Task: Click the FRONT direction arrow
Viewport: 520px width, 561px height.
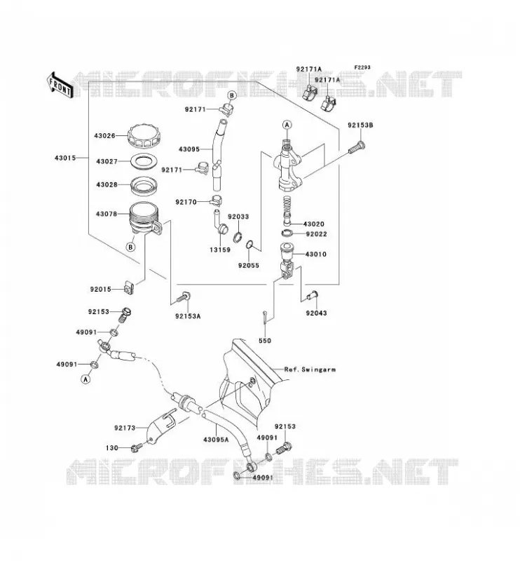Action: (60, 85)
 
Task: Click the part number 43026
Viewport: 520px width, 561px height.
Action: (105, 136)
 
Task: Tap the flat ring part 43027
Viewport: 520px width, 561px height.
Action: (144, 161)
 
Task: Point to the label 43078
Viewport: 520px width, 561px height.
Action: (107, 214)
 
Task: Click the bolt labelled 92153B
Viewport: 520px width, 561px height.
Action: (357, 147)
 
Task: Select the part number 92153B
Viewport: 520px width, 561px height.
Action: (360, 126)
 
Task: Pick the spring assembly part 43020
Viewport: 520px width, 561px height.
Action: (288, 210)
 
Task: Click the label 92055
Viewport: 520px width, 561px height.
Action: (249, 266)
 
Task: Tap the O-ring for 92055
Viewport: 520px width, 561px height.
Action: (250, 245)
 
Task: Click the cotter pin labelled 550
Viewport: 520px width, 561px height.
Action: (264, 318)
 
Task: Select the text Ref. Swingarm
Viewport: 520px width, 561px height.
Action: (310, 370)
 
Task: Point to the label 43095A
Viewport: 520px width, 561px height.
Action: (216, 440)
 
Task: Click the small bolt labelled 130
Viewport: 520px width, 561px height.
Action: (137, 447)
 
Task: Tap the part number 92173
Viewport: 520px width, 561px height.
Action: (125, 428)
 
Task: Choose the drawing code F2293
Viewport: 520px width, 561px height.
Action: (362, 67)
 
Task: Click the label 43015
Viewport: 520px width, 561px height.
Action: (65, 158)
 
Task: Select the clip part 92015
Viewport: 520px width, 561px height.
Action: (130, 288)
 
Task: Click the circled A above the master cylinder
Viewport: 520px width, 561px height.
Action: (287, 125)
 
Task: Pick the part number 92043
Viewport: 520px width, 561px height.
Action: (316, 313)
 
